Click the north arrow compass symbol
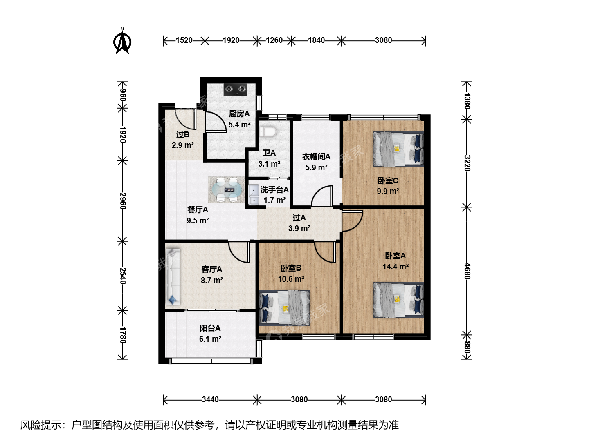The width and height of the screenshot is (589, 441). (x=122, y=42)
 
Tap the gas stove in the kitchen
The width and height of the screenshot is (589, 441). (x=236, y=90)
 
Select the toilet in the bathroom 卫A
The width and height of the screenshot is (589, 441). (x=268, y=131)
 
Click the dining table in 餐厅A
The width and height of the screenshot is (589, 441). (x=227, y=189)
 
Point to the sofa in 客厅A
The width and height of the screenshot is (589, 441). (x=173, y=277)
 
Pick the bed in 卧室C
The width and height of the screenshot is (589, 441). (x=398, y=149)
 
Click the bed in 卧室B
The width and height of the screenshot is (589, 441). (x=284, y=307)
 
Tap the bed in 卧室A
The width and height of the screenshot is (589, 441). (x=398, y=300)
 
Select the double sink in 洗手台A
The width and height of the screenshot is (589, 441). (x=253, y=195)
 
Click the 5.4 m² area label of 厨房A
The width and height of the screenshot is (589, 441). (x=239, y=125)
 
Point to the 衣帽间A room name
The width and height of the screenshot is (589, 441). (x=316, y=157)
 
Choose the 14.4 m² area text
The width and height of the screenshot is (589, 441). (x=396, y=267)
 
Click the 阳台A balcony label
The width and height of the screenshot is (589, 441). (x=210, y=328)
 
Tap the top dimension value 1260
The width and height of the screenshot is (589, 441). (x=274, y=40)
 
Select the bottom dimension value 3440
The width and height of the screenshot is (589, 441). (x=210, y=399)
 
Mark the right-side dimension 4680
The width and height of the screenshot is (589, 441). (x=467, y=271)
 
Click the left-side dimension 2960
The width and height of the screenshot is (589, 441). (x=122, y=201)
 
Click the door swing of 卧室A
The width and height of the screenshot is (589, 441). (x=352, y=221)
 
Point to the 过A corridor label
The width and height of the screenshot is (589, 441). (x=299, y=218)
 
